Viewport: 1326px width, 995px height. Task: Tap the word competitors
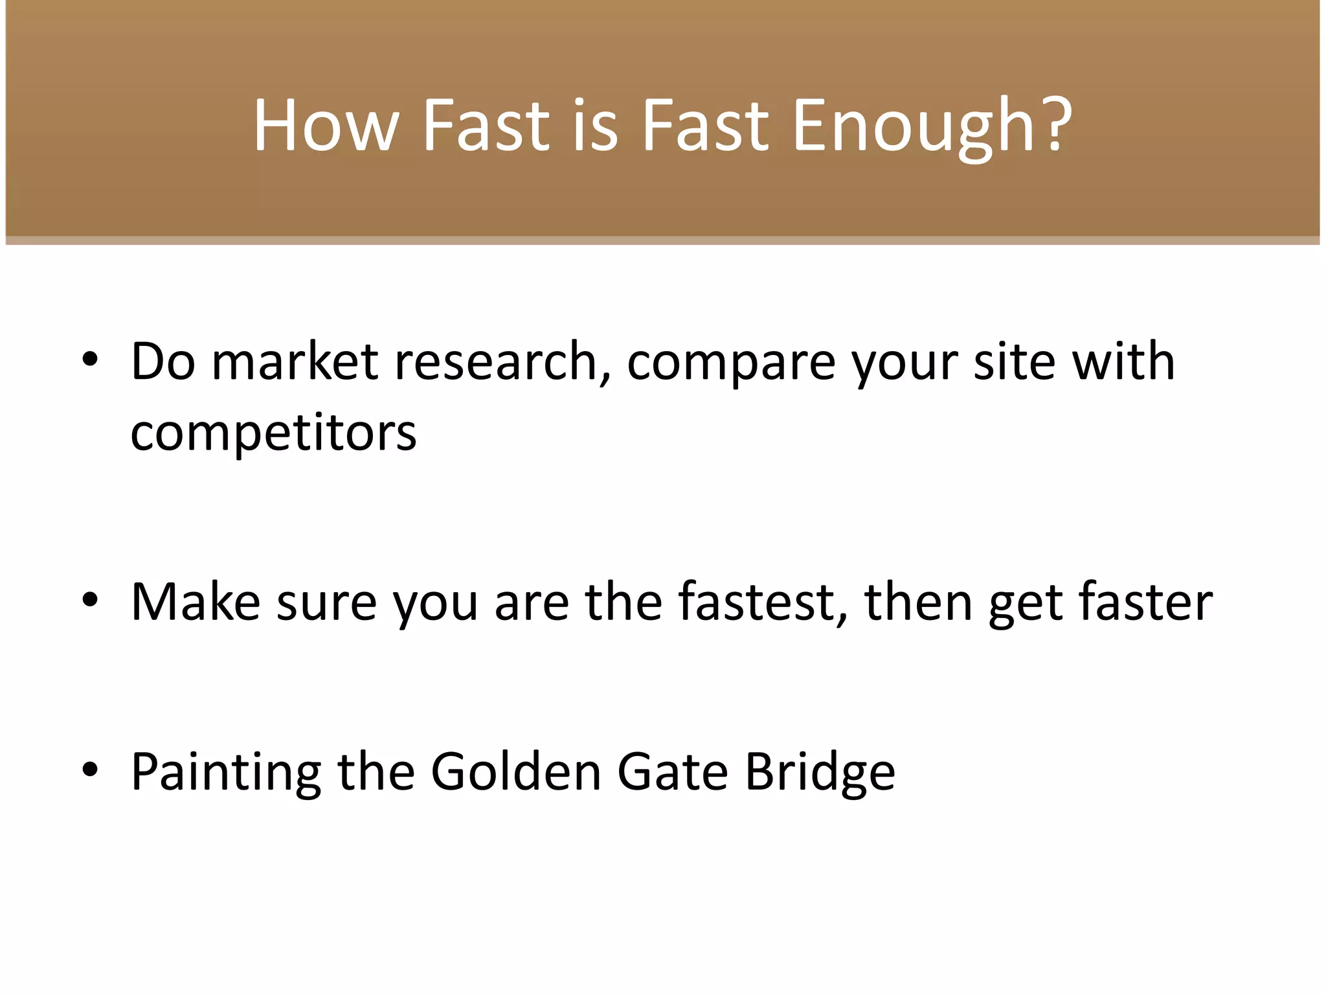pos(273,433)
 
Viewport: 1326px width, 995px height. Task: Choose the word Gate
pos(673,772)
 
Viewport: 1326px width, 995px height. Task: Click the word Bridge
pos(820,772)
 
